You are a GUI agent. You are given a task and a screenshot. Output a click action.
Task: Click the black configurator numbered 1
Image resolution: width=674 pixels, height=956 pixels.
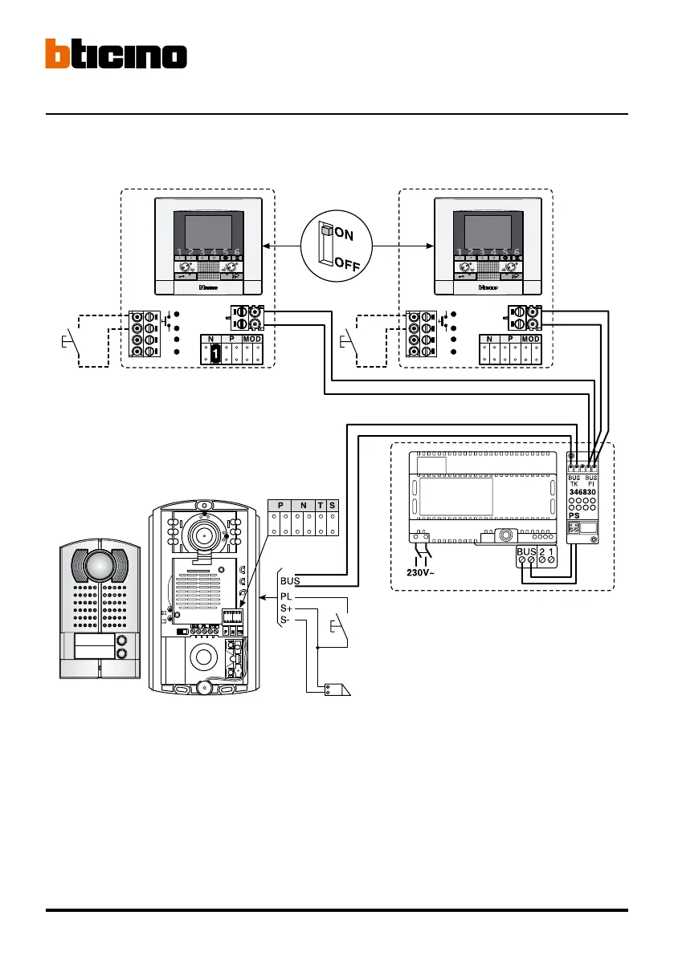point(215,351)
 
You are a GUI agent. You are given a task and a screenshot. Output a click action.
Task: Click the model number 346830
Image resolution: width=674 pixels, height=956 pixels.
point(584,489)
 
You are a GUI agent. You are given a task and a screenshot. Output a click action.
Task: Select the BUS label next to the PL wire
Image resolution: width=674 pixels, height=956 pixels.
point(290,579)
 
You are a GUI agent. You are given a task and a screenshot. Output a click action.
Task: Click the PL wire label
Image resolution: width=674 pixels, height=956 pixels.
point(287,596)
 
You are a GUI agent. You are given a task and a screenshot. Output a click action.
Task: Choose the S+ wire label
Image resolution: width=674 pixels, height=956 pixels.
point(287,609)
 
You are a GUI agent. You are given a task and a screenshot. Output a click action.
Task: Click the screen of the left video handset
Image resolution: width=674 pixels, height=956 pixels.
point(208,231)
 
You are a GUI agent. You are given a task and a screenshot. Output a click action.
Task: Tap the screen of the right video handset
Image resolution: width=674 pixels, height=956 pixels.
point(488,231)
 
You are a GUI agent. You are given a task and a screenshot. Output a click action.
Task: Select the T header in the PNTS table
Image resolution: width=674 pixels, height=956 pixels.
point(321,504)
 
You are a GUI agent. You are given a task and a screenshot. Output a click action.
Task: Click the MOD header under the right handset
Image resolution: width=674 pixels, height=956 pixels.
point(531,340)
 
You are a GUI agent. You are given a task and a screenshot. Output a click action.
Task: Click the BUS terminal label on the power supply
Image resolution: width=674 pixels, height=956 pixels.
point(526,552)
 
